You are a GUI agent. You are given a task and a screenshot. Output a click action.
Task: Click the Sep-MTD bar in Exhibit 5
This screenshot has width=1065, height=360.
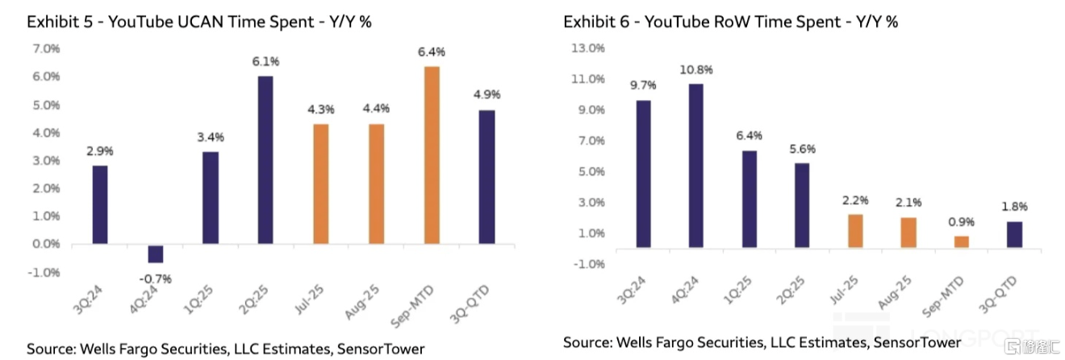[432, 155]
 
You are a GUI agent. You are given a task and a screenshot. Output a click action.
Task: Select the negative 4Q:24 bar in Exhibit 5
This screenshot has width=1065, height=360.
[155, 253]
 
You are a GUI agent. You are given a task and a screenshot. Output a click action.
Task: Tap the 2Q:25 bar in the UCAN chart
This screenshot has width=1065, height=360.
[265, 160]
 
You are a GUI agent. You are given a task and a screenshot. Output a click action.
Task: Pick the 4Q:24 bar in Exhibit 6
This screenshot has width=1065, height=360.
[696, 165]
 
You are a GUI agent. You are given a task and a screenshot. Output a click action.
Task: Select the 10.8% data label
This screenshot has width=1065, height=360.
[696, 69]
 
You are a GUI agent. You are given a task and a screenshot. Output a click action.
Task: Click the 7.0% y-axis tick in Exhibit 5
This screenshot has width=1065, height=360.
[45, 48]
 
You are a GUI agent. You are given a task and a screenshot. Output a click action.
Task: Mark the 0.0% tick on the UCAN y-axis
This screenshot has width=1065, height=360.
[45, 244]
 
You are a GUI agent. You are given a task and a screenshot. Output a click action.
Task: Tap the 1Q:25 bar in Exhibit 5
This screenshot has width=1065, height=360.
[210, 198]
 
